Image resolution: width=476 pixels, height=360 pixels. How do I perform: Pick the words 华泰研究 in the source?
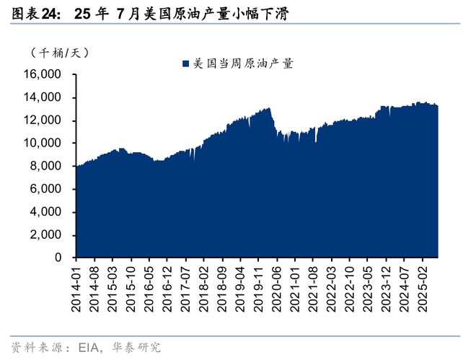[134, 348]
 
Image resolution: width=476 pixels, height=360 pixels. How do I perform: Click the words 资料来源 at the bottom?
[33, 348]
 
